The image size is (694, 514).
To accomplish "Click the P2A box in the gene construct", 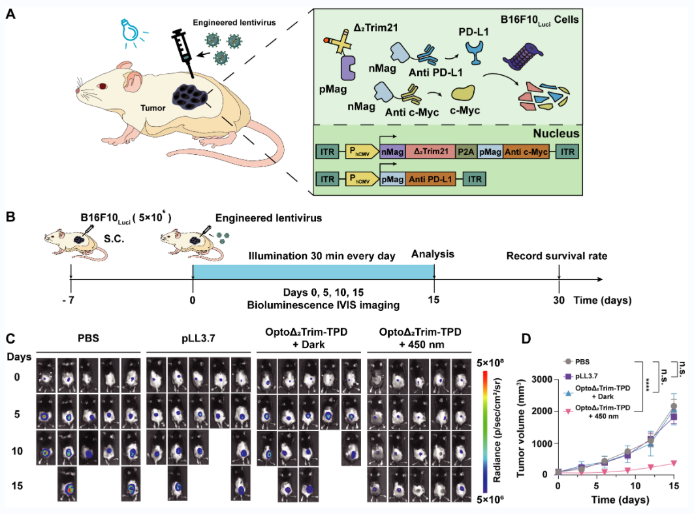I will pos(467,152).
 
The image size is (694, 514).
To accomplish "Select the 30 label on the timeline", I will pos(559,301).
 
